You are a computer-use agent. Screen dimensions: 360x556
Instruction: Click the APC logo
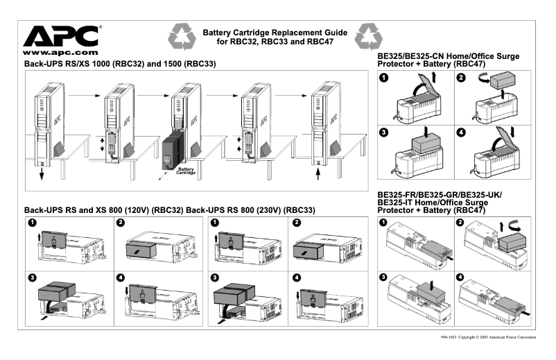62,35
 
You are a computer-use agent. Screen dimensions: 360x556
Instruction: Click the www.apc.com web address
58,52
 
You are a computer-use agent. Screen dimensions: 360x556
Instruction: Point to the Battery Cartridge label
186,171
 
